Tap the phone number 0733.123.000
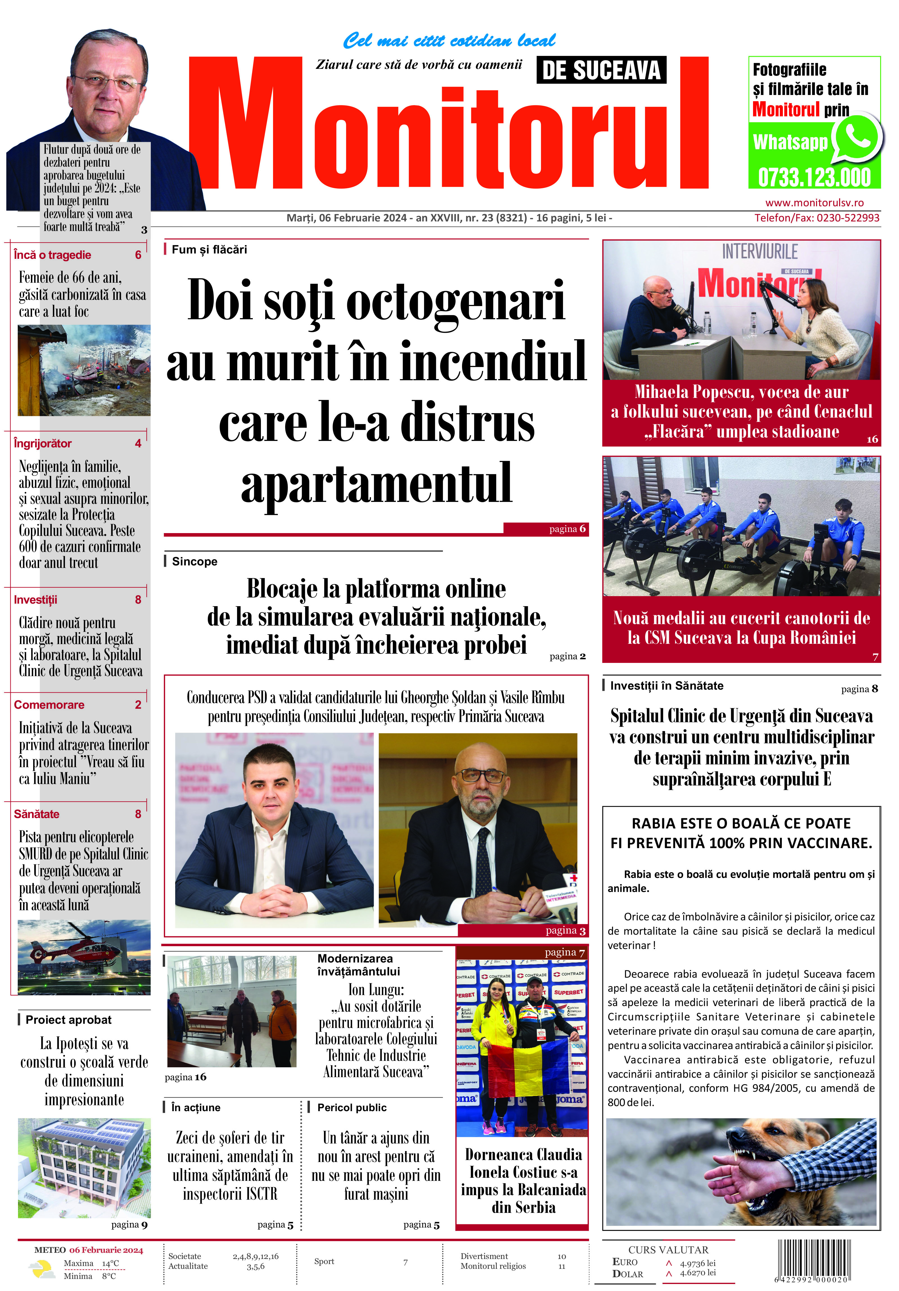(x=814, y=177)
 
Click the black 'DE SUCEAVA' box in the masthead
(x=601, y=70)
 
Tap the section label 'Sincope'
(x=194, y=561)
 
